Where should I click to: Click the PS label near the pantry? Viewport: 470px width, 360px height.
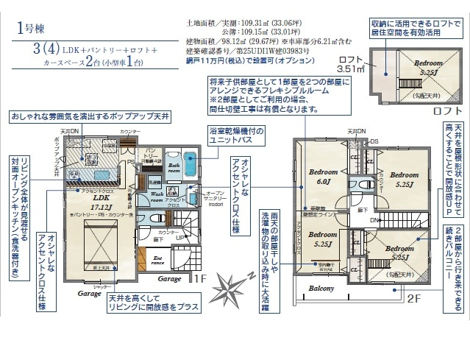pyautogui.click(x=130, y=161)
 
